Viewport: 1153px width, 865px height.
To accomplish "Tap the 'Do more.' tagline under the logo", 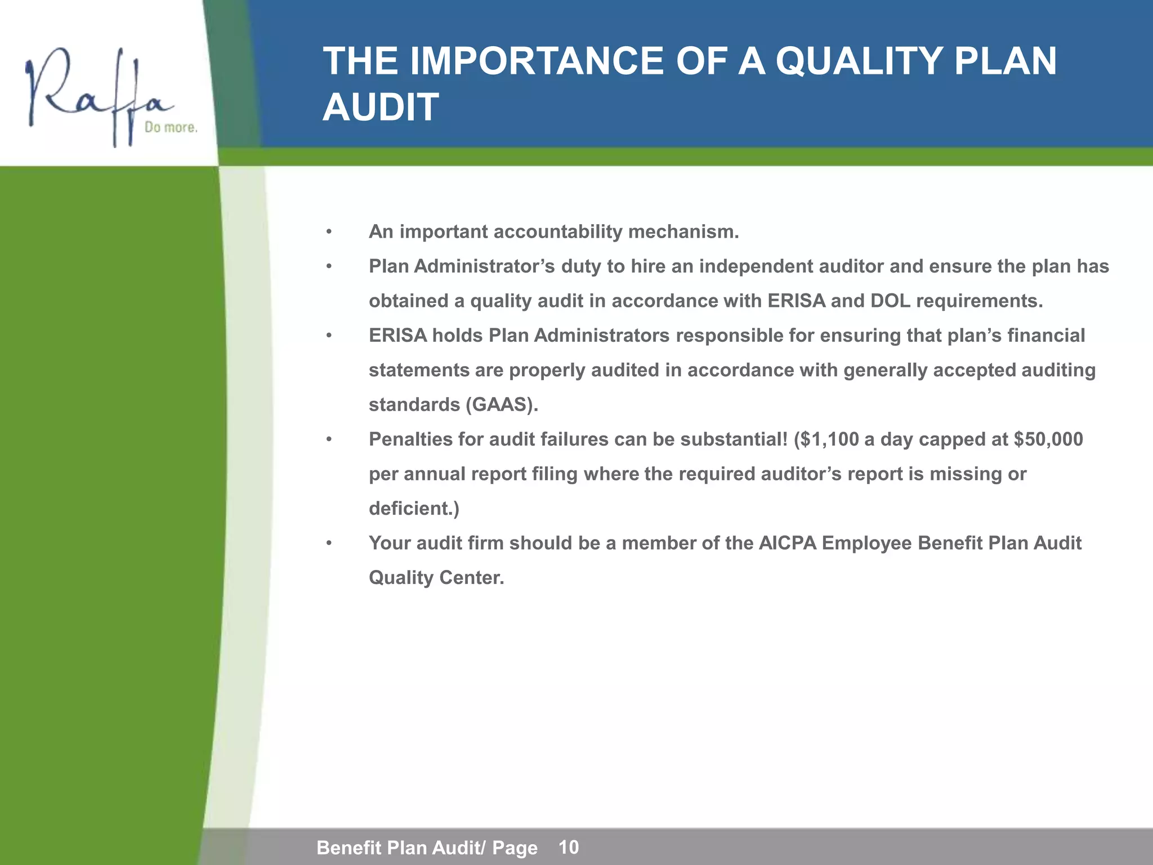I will [x=171, y=127].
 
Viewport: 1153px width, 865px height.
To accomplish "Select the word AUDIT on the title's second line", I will [x=381, y=107].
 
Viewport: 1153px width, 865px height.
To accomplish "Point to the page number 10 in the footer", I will [x=569, y=846].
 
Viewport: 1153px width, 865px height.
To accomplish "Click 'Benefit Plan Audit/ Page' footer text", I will [x=427, y=847].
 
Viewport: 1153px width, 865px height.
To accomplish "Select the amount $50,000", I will [x=1048, y=439].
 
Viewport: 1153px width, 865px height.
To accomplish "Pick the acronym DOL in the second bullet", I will [x=890, y=301].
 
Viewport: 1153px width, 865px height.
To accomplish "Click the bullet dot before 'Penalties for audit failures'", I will [x=329, y=439].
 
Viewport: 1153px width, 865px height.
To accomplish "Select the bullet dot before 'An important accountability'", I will [x=329, y=232].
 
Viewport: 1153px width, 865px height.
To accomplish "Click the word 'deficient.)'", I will [x=414, y=509].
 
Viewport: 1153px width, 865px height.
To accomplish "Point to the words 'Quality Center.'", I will [x=436, y=578].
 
